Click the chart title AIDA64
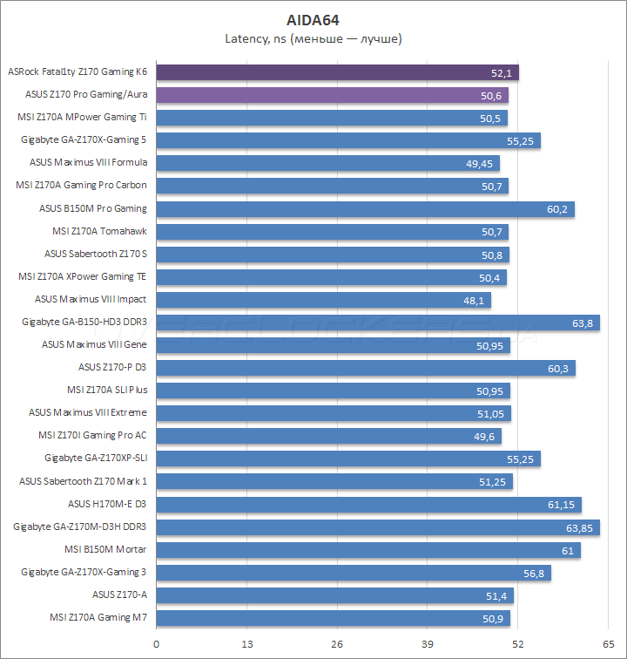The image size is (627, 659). pos(313,19)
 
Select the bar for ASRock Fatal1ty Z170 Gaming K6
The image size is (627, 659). pos(337,72)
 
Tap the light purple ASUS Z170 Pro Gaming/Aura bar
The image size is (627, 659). pos(332,95)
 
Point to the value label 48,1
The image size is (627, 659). pos(474,300)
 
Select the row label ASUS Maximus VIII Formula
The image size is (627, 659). pos(88,162)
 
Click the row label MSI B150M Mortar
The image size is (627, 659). pos(105,549)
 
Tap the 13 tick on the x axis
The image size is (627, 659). pos(246,642)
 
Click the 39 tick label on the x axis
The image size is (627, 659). pos(427,642)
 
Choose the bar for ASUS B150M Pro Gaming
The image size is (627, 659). pos(365,208)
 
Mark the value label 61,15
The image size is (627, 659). pos(562,504)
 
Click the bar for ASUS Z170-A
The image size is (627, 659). pos(334,594)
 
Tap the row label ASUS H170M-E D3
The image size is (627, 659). pos(107,504)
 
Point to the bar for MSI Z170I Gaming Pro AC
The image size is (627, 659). pos(328,436)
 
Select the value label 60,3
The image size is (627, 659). pos(558,368)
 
